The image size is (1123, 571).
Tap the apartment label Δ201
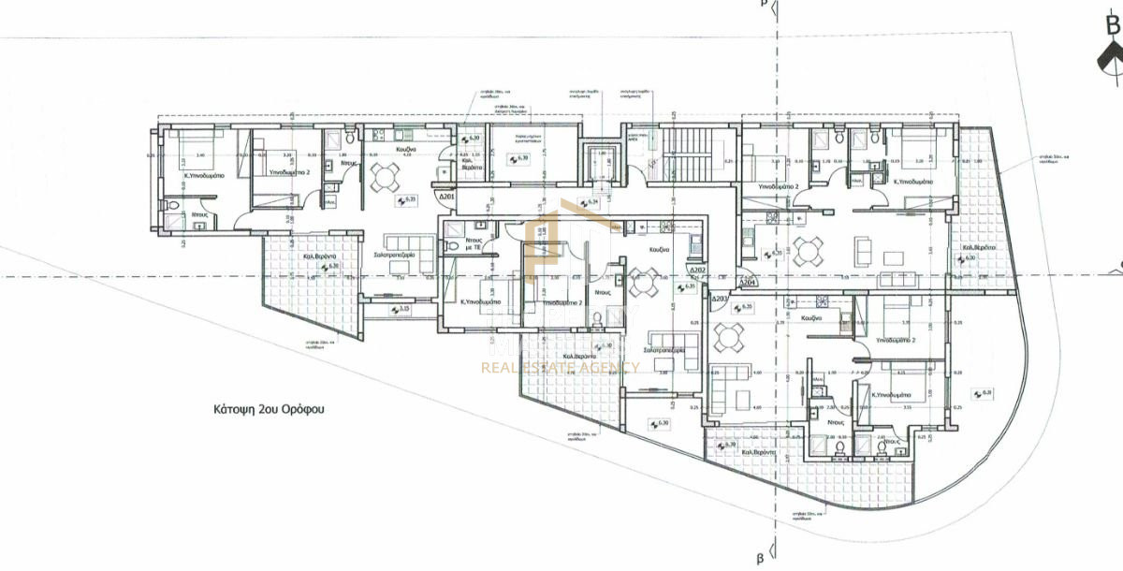point(446,198)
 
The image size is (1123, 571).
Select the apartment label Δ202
point(697,271)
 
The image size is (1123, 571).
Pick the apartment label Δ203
point(719,300)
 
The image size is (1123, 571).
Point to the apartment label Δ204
point(747,281)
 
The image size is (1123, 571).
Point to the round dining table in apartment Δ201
point(385,176)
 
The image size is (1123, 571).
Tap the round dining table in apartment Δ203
point(730,334)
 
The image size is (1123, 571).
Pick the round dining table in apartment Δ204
point(809,250)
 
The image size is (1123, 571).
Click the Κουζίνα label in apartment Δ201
point(405,149)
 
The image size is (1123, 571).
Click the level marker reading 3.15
point(404,309)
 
